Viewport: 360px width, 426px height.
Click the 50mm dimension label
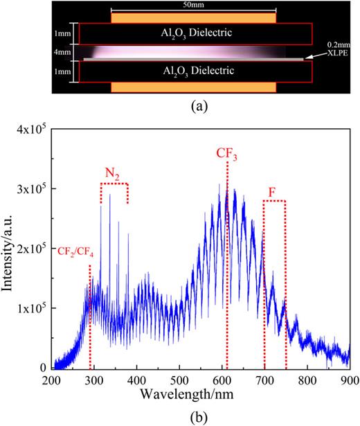pyautogui.click(x=194, y=6)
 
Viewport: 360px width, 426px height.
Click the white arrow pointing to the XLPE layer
pyautogui.click(x=316, y=57)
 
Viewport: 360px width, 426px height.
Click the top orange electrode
pyautogui.click(x=194, y=17)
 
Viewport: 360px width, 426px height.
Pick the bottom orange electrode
pyautogui.click(x=194, y=87)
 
